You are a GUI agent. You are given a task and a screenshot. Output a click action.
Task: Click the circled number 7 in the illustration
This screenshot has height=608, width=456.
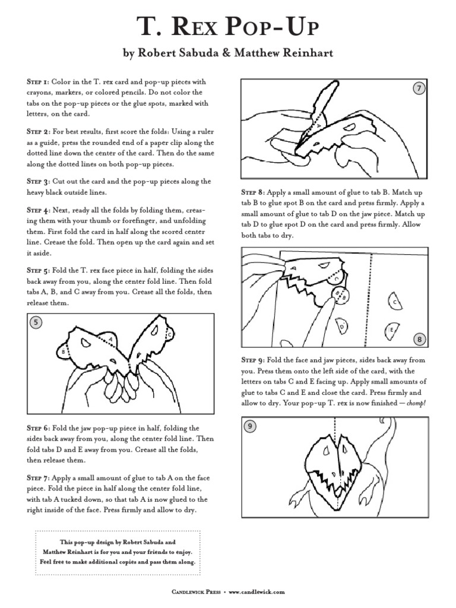tap(419, 88)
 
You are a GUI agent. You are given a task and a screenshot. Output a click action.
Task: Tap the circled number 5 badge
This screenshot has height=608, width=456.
tap(36, 322)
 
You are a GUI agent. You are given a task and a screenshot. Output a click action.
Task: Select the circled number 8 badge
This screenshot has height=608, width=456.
tap(419, 339)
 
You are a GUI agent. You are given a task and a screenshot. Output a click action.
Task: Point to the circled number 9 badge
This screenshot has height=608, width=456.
tap(250, 426)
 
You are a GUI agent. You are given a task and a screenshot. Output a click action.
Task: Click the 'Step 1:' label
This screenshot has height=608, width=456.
tap(37, 82)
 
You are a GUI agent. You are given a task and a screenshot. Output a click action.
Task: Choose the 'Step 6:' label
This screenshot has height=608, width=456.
tap(38, 428)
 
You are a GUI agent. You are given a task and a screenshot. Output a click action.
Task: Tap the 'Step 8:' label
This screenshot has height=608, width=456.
tap(253, 192)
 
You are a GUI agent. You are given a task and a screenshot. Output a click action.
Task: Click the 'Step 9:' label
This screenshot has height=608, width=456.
tap(253, 360)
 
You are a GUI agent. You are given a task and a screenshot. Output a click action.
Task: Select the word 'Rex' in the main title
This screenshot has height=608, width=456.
tap(194, 27)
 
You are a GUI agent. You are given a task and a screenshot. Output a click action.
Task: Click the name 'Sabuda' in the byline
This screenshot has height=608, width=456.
tap(199, 52)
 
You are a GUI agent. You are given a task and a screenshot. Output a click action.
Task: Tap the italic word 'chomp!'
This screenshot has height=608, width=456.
tap(416, 403)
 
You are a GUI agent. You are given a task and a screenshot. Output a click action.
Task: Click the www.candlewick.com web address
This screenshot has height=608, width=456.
tap(256, 592)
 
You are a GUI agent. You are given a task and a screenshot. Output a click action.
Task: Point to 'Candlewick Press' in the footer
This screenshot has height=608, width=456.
tap(196, 592)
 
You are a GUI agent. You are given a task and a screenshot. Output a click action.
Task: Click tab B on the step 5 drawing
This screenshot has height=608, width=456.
tap(63, 351)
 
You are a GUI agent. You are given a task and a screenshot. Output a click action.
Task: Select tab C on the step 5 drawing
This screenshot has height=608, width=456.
tap(169, 334)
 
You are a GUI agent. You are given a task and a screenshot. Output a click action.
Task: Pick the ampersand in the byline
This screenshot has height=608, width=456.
tap(226, 53)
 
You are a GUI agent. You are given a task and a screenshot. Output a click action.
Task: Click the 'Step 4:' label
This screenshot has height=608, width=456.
tap(38, 210)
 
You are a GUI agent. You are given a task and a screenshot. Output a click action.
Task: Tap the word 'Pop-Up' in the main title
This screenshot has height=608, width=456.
tap(273, 27)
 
